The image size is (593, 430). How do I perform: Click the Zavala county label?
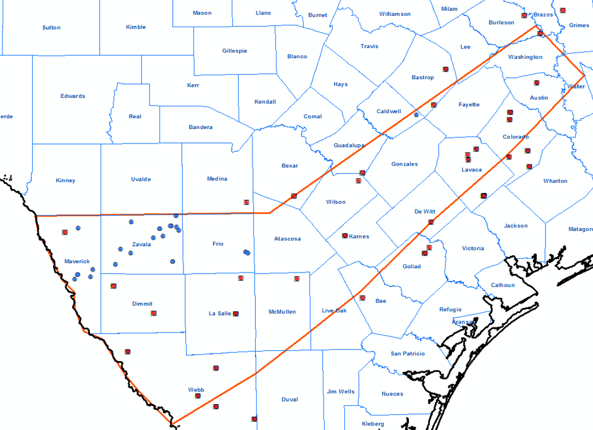point(141,244)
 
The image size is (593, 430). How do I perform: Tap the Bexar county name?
point(290,166)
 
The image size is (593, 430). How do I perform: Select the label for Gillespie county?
point(235,51)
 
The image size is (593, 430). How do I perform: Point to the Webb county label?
point(196,390)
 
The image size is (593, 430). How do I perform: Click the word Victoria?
point(473,248)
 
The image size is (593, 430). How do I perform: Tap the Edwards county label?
point(73,96)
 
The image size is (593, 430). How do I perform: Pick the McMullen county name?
point(283,312)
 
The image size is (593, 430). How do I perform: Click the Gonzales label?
point(405,164)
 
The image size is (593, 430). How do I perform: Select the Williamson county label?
point(395,14)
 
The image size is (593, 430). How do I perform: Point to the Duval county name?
point(289,399)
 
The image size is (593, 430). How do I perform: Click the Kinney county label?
point(65,180)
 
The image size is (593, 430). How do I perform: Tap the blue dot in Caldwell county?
point(416,114)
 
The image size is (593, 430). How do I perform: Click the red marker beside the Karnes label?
point(345,236)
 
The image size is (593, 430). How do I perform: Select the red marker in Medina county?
point(246,202)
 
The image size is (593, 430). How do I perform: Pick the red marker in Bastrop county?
point(446,69)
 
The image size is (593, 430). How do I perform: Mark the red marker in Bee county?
point(363,298)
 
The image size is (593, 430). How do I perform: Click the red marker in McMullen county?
point(297,279)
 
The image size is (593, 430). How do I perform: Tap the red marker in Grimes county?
point(563,9)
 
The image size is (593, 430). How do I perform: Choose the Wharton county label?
point(555,181)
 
